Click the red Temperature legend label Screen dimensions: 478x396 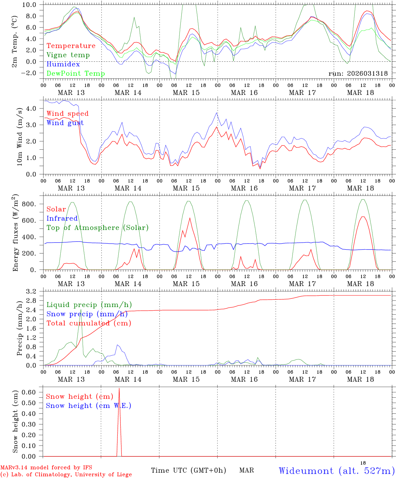click(x=71, y=46)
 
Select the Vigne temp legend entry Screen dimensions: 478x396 click(x=68, y=55)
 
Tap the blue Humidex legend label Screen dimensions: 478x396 click(x=63, y=64)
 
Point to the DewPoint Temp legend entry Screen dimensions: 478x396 click(x=76, y=73)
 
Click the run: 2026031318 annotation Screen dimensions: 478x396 click(x=358, y=74)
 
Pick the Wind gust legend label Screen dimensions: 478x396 click(x=65, y=123)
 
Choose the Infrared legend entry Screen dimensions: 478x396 click(x=62, y=218)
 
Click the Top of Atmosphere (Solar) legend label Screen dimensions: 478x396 click(x=98, y=228)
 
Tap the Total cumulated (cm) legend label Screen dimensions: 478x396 click(x=89, y=323)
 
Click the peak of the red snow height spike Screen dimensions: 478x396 click(x=119, y=388)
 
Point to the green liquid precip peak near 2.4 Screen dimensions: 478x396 click(x=81, y=310)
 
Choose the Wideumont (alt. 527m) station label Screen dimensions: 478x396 click(x=337, y=471)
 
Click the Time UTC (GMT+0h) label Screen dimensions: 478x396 click(x=188, y=470)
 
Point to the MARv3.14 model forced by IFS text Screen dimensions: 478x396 click(x=46, y=468)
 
